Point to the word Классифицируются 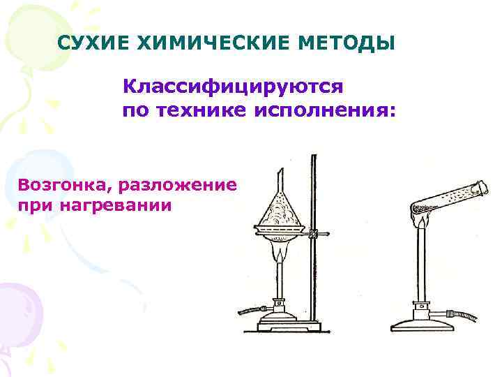click(233, 87)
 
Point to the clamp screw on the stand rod click(315, 233)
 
